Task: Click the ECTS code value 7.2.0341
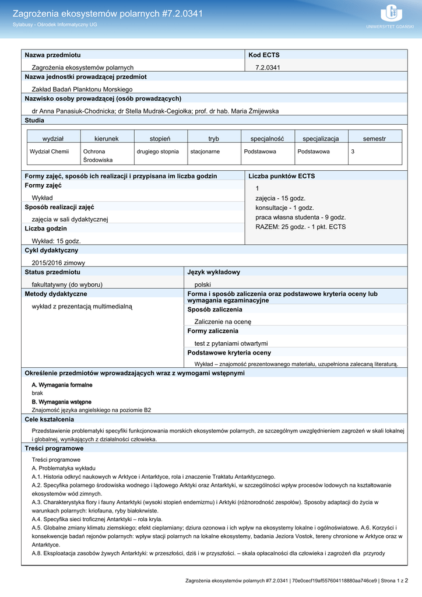(x=268, y=68)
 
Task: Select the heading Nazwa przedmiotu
(x=52, y=55)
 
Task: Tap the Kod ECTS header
(x=264, y=55)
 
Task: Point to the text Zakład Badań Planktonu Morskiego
(x=82, y=89)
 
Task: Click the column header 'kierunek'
(x=106, y=138)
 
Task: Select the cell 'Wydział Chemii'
(x=50, y=152)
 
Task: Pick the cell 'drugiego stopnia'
(x=157, y=152)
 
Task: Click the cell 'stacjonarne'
(x=205, y=152)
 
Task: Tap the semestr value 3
(x=352, y=152)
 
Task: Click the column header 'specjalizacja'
(x=321, y=138)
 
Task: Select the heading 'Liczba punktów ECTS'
(x=282, y=176)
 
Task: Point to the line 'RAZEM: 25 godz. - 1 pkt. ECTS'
(x=300, y=227)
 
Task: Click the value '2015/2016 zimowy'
(x=58, y=262)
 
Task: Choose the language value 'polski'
(x=202, y=285)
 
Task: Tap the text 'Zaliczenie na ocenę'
(x=223, y=321)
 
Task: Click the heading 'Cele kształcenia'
(x=49, y=419)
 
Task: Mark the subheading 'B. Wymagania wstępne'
(x=61, y=402)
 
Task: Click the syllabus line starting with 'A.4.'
(x=97, y=519)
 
